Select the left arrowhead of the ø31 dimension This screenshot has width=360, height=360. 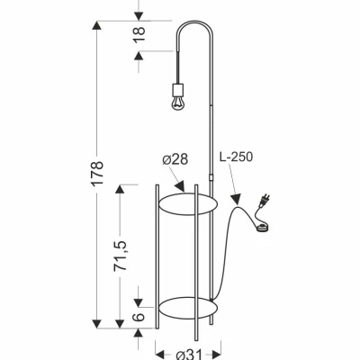tap(158, 343)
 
